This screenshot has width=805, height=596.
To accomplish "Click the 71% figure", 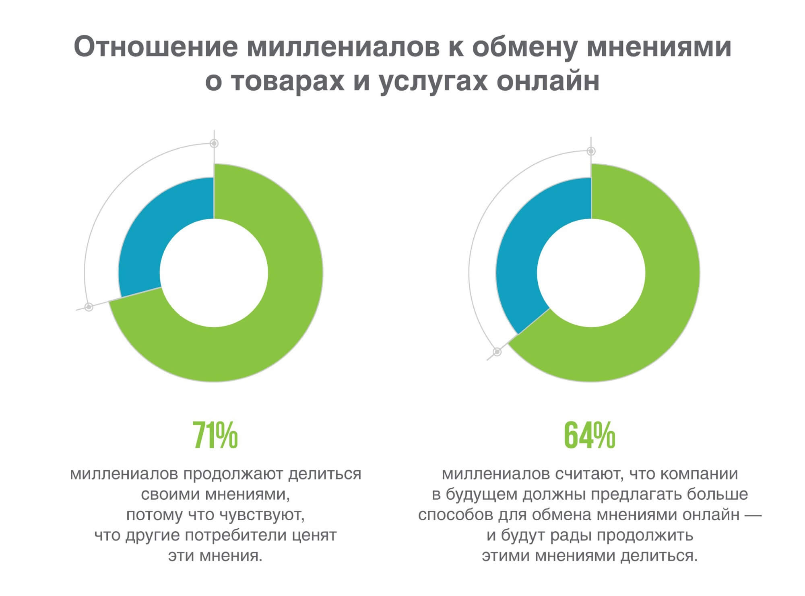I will [215, 435].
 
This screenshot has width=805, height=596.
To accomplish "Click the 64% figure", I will [589, 435].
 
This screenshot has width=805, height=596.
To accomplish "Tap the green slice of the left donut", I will [282, 302].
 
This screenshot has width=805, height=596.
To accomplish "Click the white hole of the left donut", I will [214, 273].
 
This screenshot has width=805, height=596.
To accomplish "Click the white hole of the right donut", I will [591, 273].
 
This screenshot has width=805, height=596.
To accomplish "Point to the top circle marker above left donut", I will [215, 143].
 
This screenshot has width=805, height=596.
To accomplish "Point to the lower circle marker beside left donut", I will [89, 307].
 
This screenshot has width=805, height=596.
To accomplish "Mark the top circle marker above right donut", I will [591, 151].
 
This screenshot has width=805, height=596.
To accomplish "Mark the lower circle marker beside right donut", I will [497, 352].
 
